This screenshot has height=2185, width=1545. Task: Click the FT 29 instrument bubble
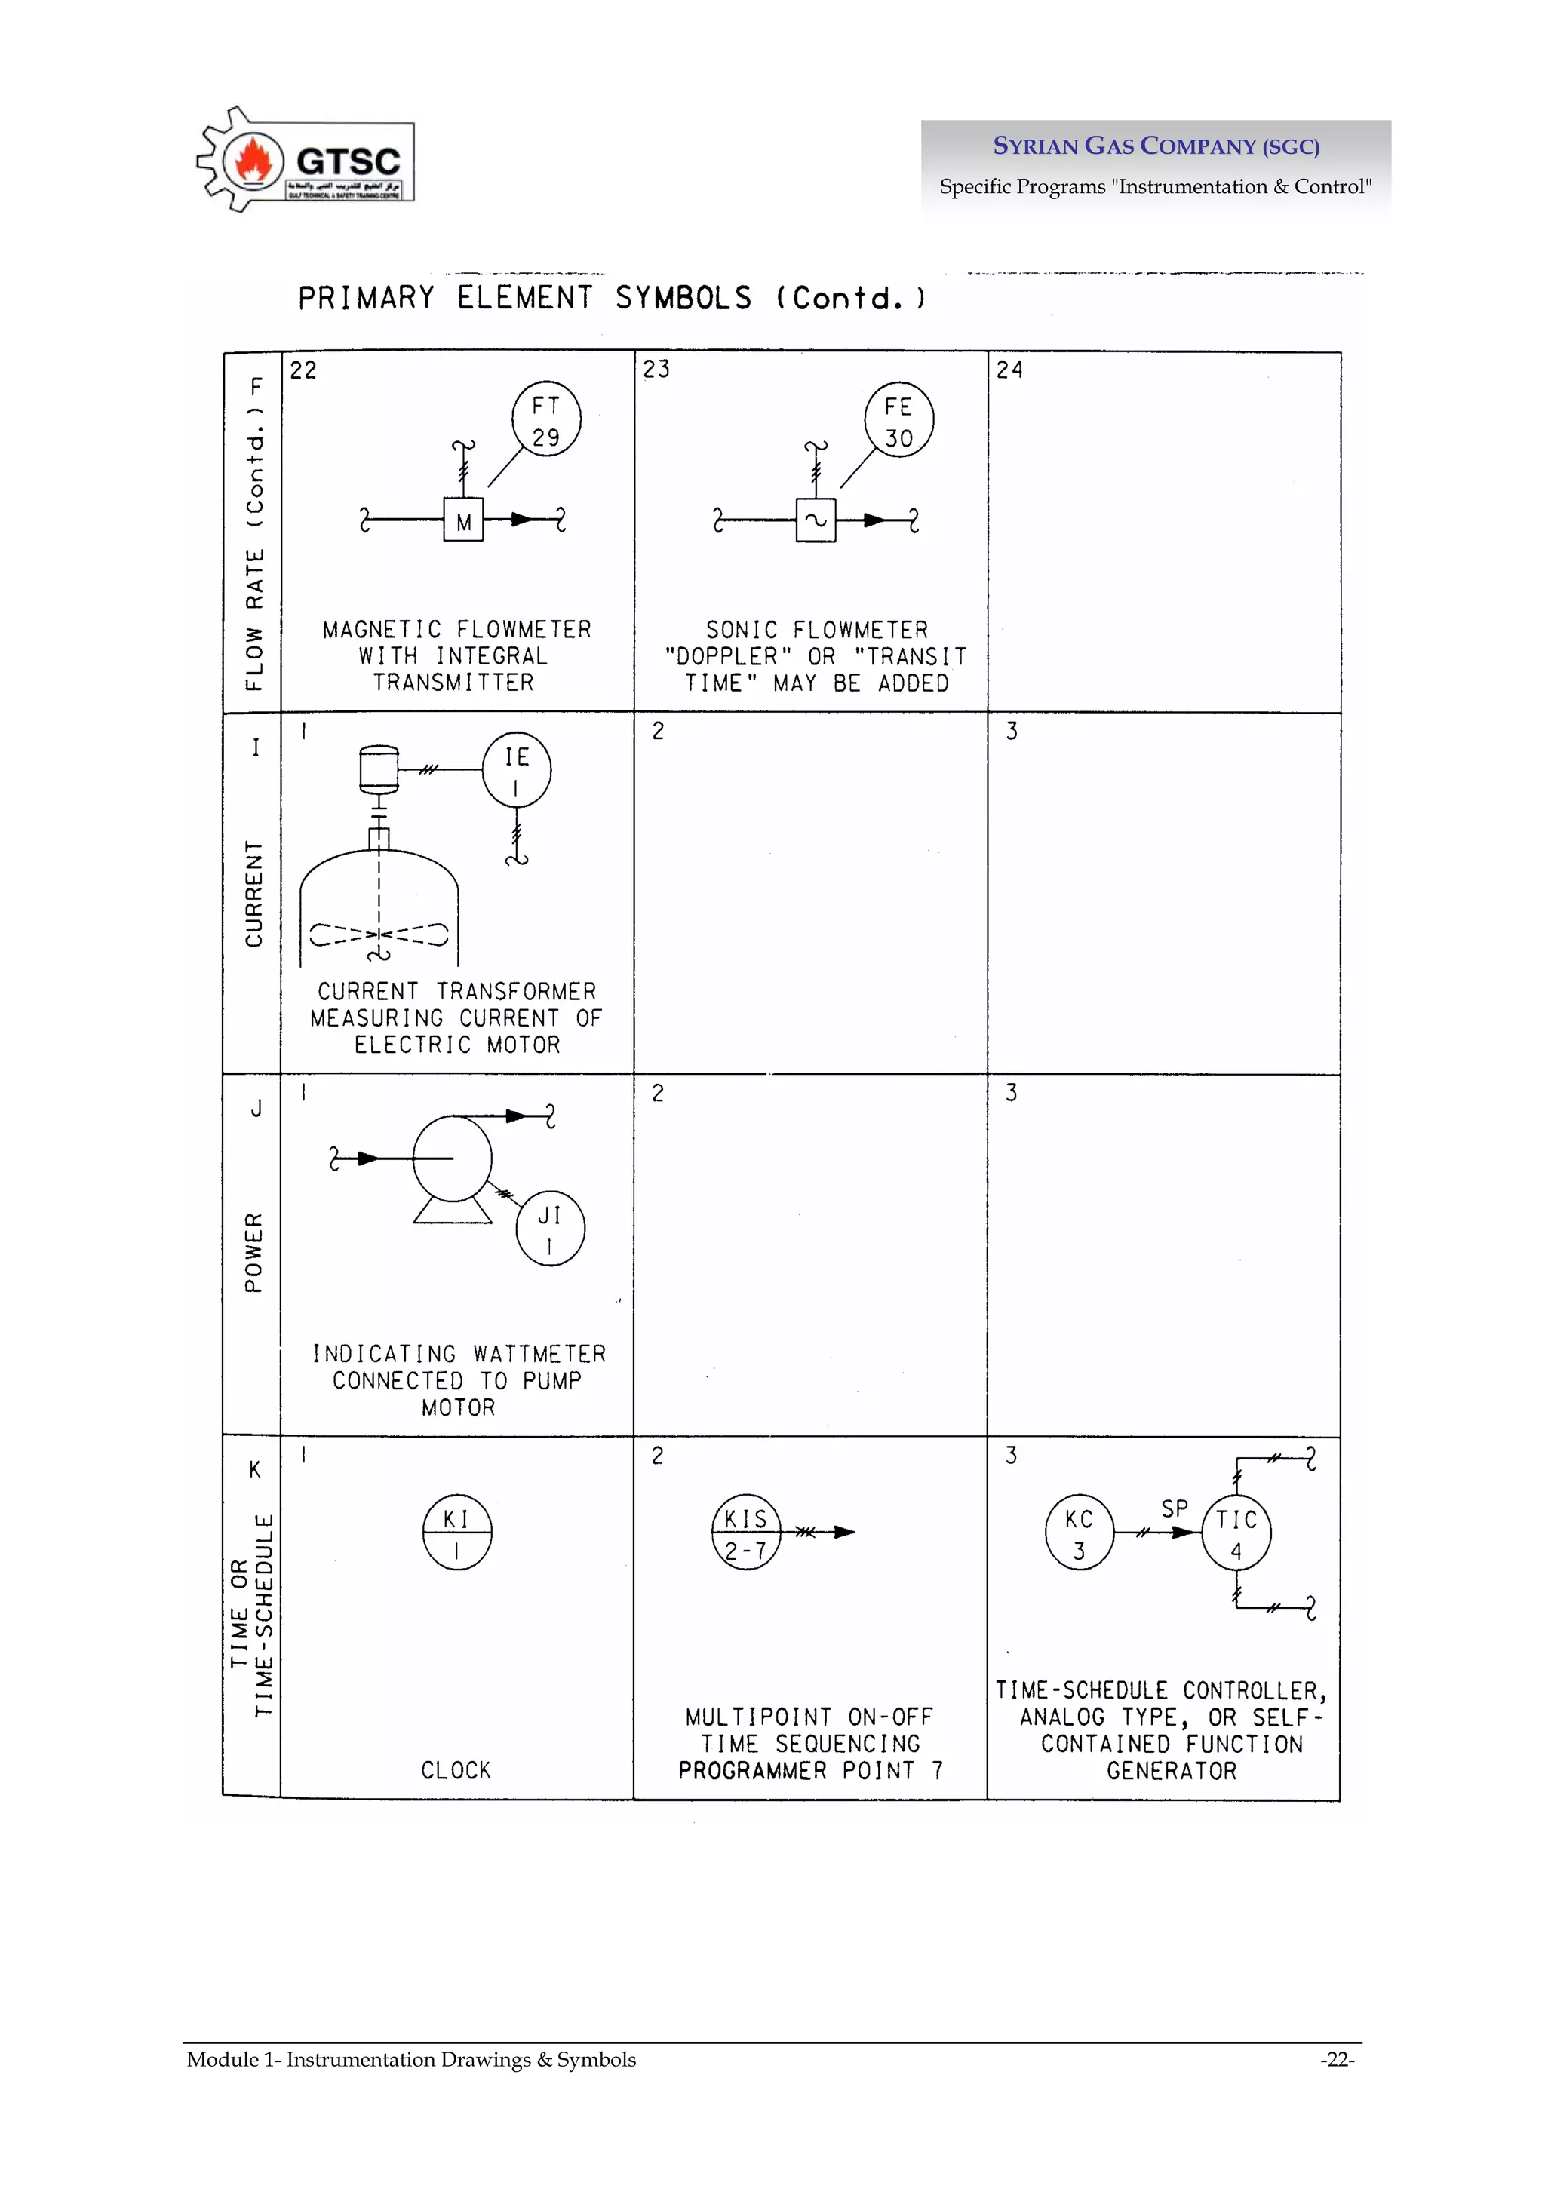pos(545,419)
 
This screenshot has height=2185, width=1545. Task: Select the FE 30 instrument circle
pos(898,421)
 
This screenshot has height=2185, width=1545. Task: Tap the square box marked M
pos(464,520)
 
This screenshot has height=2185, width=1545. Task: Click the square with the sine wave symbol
pos(816,520)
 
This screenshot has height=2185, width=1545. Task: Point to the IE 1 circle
pos(516,770)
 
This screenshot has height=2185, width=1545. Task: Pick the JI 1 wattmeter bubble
pos(549,1229)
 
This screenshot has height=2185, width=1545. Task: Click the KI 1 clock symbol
pos(457,1533)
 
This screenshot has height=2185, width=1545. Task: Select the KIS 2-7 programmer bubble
pos(745,1533)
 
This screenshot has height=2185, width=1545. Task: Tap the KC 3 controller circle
pos(1079,1533)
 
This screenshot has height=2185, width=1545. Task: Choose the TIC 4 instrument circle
pos(1236,1533)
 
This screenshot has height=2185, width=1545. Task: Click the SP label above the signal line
pos(1175,1508)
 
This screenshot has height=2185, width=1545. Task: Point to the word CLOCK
pos(456,1770)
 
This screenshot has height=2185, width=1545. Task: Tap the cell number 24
pos(1009,370)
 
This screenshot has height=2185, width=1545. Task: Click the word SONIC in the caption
pos(742,630)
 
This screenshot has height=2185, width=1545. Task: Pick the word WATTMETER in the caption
pos(539,1354)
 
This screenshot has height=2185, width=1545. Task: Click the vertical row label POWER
pos(253,1252)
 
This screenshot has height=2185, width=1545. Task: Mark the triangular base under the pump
pos(452,1211)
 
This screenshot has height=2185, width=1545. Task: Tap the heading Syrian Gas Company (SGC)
pos(1156,146)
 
